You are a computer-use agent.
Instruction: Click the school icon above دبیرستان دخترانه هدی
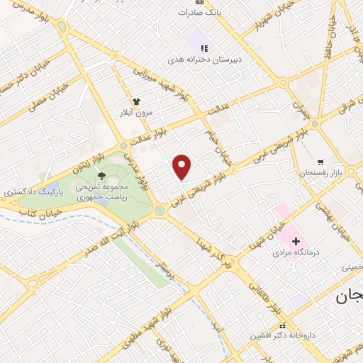203,48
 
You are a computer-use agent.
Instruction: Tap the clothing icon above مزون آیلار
136,101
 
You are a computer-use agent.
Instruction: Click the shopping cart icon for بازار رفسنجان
320,162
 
